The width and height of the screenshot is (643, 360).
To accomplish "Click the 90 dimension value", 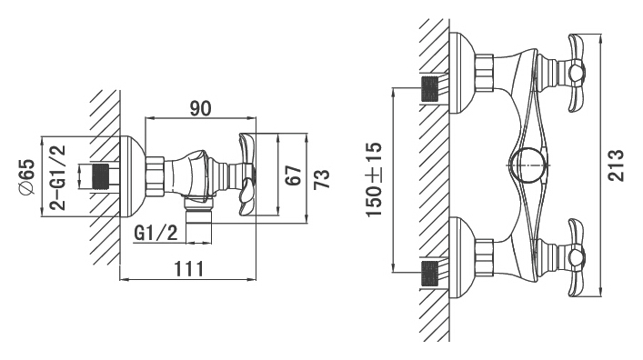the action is pyautogui.click(x=200, y=108).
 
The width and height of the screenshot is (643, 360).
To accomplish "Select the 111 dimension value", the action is pyautogui.click(x=189, y=269).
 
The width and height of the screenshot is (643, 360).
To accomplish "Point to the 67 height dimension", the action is pyautogui.click(x=294, y=175).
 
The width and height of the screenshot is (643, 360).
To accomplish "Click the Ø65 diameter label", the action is pyautogui.click(x=27, y=176).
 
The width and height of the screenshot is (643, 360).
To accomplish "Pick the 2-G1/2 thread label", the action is pyautogui.click(x=58, y=177).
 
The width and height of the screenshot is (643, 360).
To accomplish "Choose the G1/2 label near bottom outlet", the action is pyautogui.click(x=156, y=234).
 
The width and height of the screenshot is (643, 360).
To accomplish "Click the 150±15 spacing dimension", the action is pyautogui.click(x=374, y=179).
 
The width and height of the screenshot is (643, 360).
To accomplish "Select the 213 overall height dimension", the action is pyautogui.click(x=616, y=165).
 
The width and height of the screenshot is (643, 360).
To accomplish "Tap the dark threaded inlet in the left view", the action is pyautogui.click(x=101, y=176).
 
